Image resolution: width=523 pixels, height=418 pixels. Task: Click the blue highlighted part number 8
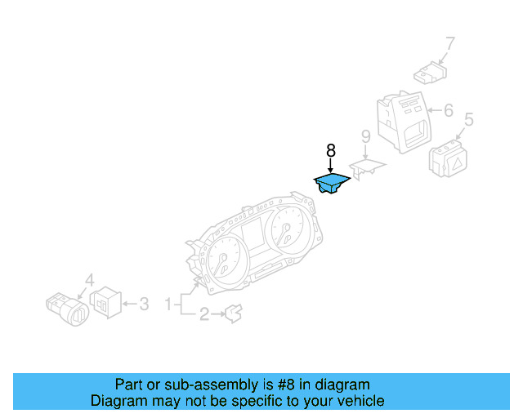pos(333,184)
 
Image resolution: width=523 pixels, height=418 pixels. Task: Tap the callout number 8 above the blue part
pos(331,151)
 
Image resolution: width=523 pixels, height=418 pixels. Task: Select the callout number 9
pos(366,136)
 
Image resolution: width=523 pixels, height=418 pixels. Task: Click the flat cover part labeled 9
pos(368,167)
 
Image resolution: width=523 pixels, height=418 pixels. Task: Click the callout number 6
pos(448,109)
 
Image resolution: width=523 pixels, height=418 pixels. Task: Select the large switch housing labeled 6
pos(405,121)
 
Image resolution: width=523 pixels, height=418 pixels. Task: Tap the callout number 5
pos(468,121)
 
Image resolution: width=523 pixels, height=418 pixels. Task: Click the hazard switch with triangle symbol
pos(449,158)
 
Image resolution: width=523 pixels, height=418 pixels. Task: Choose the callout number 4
pos(90,279)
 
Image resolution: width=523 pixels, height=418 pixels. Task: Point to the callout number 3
pos(143,305)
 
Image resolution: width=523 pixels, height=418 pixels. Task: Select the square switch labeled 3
pos(105,304)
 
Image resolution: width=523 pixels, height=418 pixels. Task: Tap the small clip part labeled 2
pos(233,311)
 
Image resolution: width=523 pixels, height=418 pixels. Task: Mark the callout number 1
pos(169,305)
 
